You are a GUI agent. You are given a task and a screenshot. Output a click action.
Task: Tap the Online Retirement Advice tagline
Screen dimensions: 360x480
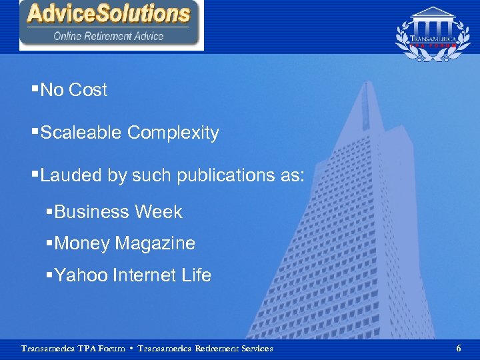coord(109,36)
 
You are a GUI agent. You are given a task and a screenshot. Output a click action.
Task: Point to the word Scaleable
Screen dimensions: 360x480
coord(81,133)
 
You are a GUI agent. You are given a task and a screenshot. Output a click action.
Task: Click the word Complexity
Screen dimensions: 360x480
coord(173,133)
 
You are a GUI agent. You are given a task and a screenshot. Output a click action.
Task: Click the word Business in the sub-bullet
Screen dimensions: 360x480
coord(92,212)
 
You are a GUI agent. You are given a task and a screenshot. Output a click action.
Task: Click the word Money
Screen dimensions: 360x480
coord(82,243)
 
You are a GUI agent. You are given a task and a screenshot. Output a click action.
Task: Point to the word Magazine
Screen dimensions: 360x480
coord(155,243)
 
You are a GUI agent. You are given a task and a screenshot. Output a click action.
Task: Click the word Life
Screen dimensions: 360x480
coord(197,275)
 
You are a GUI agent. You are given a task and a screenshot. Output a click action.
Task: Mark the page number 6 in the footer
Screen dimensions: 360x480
coord(458,348)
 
